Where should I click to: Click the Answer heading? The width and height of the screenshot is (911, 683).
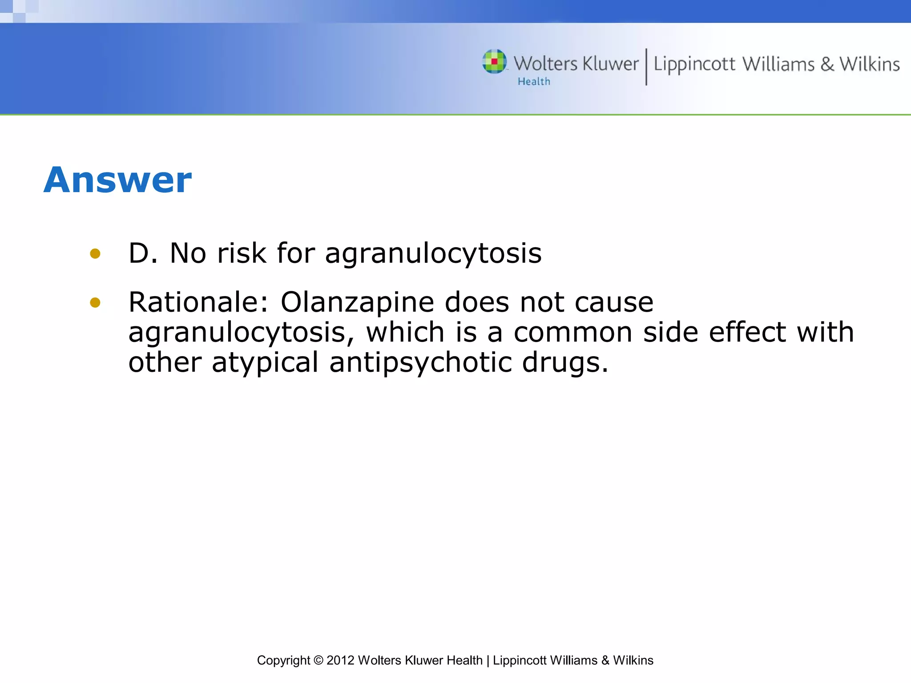tap(117, 180)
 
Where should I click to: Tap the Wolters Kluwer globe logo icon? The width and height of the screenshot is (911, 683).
tap(494, 61)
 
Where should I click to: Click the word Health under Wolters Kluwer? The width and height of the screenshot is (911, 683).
tap(534, 81)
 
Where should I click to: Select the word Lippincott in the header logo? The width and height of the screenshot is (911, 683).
tap(694, 64)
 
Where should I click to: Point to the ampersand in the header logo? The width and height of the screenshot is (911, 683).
tap(827, 64)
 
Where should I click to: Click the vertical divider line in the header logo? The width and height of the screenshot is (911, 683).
tap(646, 67)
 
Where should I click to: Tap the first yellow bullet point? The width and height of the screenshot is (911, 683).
tap(95, 254)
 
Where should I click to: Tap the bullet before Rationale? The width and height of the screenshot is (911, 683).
tap(95, 303)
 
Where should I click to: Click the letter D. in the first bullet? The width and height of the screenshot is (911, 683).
tap(143, 253)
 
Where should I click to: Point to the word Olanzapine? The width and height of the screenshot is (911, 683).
tap(357, 302)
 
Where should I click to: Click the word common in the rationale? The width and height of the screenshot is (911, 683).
tap(573, 333)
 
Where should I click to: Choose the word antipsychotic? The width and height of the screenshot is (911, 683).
tap(420, 362)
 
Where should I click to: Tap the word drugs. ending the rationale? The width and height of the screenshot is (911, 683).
tap(564, 362)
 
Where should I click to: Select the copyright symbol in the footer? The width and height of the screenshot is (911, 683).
tap(318, 660)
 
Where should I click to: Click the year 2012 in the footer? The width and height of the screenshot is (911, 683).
tap(340, 660)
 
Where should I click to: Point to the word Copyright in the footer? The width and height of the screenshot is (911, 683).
tap(283, 660)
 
